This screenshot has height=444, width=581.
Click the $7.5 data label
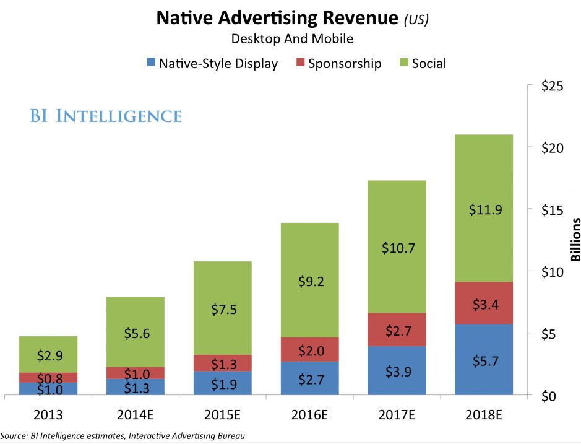coord(222,310)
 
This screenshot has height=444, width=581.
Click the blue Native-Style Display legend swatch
coord(150,63)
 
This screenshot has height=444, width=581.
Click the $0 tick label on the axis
coord(549,396)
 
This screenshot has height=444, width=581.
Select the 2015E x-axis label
coord(222,414)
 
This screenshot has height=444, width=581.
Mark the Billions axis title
coord(574,240)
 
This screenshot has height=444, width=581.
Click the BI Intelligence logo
coord(106,116)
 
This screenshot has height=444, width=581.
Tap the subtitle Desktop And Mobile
coord(292,38)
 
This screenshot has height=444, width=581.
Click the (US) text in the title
coord(416,19)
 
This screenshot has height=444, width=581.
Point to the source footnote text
coord(123,436)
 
